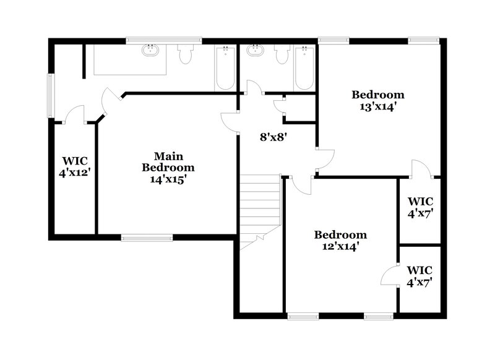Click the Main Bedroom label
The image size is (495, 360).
(x=168, y=161)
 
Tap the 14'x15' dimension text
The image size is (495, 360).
(x=168, y=179)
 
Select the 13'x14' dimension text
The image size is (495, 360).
(x=377, y=106)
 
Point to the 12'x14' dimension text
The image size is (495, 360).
(x=340, y=246)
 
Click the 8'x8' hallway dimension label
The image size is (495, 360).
(x=272, y=137)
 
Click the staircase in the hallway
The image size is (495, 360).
(x=260, y=210)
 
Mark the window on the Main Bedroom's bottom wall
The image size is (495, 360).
(x=147, y=236)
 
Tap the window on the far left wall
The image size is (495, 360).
(x=51, y=96)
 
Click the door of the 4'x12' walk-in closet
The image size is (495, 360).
(x=75, y=115)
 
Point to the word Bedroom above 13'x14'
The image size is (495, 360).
(x=377, y=95)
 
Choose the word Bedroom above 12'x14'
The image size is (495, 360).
(x=340, y=234)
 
